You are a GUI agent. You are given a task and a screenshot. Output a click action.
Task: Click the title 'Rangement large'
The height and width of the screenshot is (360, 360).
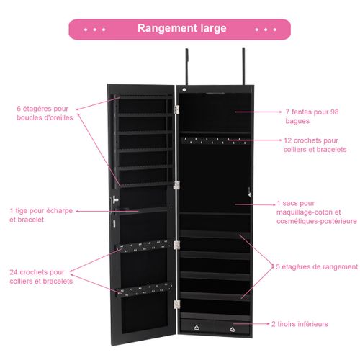pos(181,29)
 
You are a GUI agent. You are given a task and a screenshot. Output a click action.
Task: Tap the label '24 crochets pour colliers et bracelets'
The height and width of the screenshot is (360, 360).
pos(41,276)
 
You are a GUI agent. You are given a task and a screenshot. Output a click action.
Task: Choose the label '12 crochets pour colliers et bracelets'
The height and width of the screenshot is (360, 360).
pos(315,145)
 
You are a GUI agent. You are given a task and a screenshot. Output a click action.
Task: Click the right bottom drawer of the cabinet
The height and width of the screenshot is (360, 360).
pos(233,326)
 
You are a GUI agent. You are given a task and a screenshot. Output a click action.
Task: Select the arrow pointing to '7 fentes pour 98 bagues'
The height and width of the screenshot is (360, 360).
pos(270,112)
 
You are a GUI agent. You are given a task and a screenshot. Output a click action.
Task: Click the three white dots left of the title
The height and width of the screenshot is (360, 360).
pos(94,30)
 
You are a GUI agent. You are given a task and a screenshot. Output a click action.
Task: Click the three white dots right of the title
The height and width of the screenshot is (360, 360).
pos(266,30)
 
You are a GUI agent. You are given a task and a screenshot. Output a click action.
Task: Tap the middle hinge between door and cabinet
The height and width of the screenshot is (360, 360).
pos(176,185)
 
